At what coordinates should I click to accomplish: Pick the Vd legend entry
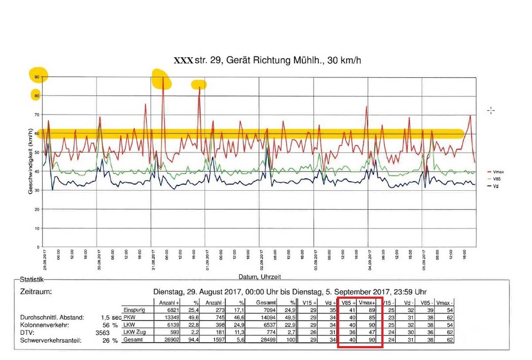pos(496,186)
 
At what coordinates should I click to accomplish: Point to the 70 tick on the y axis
pos(37,115)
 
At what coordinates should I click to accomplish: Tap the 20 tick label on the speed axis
pos(37,209)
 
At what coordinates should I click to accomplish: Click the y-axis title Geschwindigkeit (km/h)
pos(31,161)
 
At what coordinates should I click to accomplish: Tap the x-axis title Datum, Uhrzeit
pos(260,277)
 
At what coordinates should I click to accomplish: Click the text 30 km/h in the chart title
pos(345,60)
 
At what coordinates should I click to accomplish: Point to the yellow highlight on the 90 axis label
pos(38,76)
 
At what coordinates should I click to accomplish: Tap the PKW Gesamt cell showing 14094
pos(273,317)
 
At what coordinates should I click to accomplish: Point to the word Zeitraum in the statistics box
pos(36,292)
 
